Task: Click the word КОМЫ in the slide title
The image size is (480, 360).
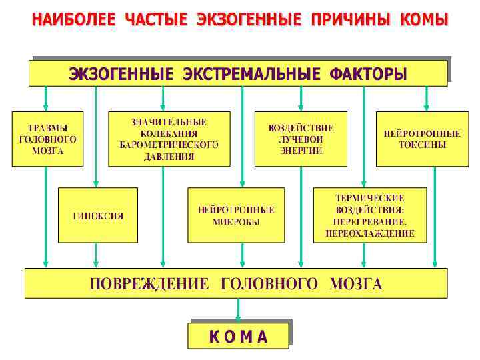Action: (424, 20)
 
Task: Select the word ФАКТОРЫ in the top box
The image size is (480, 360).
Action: (368, 74)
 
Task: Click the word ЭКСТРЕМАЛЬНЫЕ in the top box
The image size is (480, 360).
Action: (248, 74)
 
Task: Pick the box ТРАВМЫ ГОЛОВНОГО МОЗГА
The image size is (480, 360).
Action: (47, 139)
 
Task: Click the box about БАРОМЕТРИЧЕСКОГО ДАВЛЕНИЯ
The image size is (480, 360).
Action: (169, 139)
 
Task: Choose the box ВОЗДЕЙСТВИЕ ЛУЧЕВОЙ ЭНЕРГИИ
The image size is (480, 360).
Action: (301, 139)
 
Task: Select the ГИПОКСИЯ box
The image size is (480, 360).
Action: (98, 215)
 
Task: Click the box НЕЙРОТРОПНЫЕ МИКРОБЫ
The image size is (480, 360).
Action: (236, 215)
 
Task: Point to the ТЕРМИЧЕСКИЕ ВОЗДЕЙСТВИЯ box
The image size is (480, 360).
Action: (369, 215)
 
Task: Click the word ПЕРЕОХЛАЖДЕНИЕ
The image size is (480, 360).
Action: (370, 234)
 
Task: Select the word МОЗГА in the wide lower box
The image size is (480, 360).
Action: (356, 285)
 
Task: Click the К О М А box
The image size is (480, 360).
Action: (239, 335)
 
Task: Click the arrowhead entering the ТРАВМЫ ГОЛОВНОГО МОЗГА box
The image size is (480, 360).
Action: (46, 106)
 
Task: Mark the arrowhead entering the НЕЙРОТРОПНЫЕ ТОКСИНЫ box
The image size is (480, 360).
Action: (426, 106)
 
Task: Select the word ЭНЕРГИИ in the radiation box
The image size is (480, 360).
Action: (301, 151)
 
